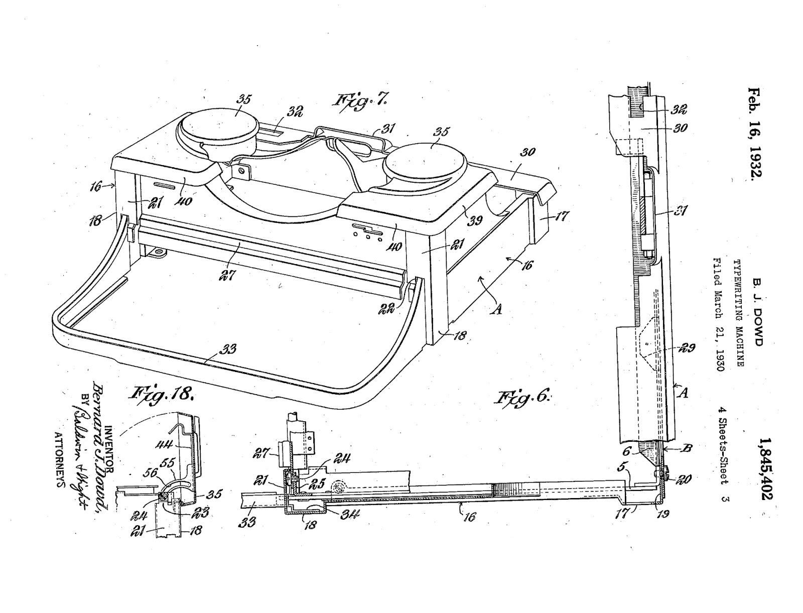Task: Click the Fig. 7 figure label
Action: tap(360, 99)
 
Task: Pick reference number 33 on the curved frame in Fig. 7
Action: tap(228, 348)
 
